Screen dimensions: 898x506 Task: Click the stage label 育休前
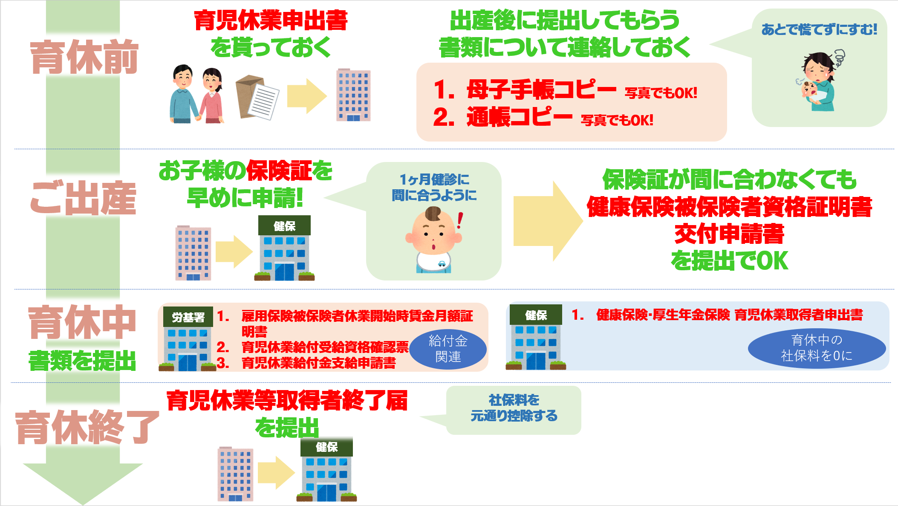point(84,57)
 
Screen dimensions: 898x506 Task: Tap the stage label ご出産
point(84,198)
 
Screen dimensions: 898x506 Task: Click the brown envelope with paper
point(257,97)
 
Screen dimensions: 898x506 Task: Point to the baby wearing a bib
point(434,240)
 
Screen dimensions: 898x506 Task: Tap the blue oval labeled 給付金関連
point(448,349)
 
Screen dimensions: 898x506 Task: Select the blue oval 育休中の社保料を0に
point(817,348)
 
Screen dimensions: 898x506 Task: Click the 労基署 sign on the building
point(188,317)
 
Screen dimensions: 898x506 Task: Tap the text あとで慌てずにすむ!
point(819,29)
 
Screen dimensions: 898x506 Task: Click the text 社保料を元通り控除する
point(514,408)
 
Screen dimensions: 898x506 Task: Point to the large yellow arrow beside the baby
point(548,221)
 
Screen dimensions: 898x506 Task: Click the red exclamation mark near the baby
point(459,220)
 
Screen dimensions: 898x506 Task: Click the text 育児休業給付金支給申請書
point(319,363)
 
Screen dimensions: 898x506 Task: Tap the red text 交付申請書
point(729,234)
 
